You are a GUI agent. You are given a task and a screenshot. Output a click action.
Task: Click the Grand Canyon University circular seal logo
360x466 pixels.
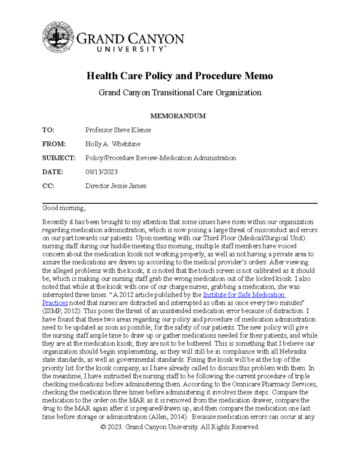(58, 37)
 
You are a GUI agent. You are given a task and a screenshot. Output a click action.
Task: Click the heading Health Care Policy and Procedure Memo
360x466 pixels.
(180, 76)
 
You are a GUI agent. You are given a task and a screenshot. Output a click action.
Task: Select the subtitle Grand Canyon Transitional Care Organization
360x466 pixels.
(180, 92)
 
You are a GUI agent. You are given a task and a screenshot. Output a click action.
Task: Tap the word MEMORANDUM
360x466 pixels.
(178, 116)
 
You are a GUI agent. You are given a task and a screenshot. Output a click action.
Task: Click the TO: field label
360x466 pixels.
(48, 130)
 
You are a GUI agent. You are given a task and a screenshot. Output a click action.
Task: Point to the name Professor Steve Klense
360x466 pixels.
(118, 130)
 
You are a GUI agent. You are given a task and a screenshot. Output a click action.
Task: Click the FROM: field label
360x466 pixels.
(54, 144)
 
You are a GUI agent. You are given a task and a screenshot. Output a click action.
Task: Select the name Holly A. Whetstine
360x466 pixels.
(113, 144)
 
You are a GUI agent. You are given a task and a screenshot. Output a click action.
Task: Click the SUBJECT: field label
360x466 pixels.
(59, 158)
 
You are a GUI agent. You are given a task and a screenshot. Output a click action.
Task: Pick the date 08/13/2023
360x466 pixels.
(101, 172)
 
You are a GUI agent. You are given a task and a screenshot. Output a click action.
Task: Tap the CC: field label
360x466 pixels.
(48, 186)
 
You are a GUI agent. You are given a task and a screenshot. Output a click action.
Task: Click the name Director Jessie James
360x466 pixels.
(116, 186)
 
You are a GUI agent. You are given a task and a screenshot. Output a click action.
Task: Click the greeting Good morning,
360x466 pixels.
(64, 208)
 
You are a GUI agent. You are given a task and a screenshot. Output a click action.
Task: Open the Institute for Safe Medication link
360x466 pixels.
(244, 295)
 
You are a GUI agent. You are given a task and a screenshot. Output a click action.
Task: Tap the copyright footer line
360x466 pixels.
(180, 427)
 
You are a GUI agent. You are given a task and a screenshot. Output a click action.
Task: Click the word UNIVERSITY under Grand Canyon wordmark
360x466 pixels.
(131, 49)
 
